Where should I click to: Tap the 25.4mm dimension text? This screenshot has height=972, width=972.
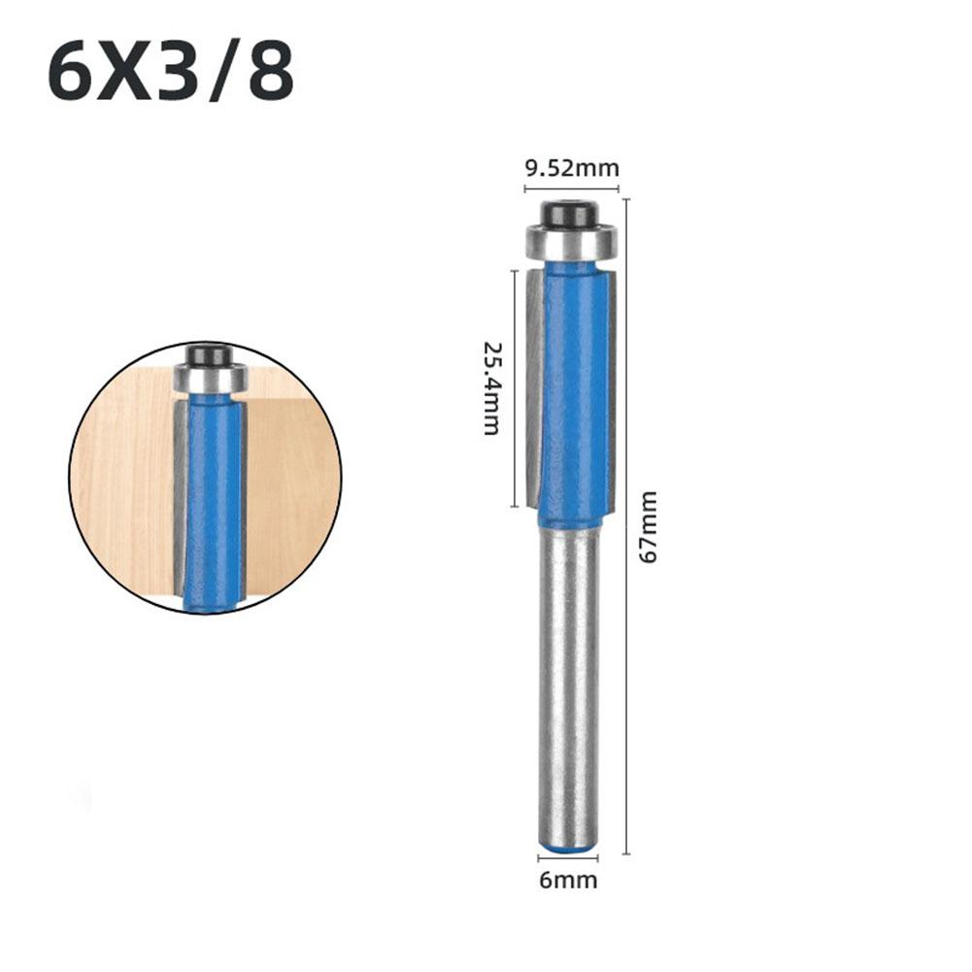click(492, 387)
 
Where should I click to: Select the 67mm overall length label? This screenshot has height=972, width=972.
click(648, 527)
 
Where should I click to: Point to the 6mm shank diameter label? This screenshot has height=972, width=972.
click(569, 881)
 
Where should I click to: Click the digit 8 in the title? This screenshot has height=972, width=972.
click(271, 74)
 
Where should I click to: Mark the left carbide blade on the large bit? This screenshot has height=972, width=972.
click(534, 388)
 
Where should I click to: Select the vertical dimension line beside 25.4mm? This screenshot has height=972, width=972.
click(514, 388)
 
